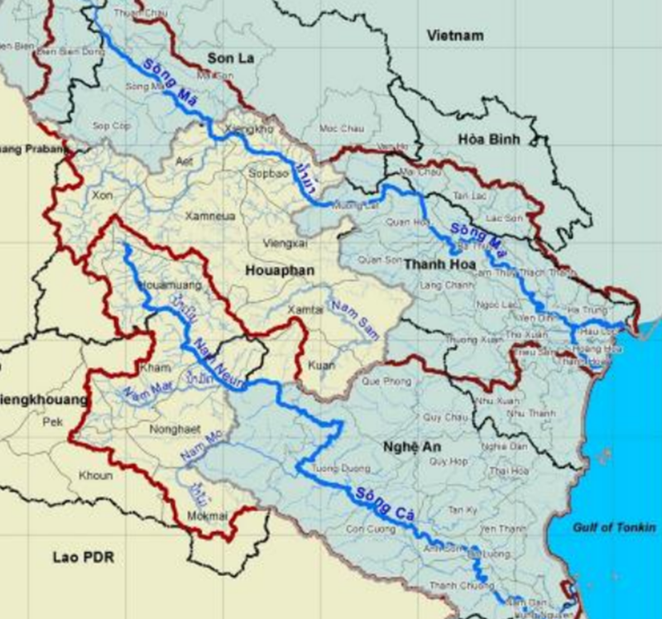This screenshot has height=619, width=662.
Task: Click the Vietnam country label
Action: click(455, 35)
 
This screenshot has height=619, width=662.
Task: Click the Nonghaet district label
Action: click(172, 429)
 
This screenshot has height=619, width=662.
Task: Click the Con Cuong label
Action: click(366, 528)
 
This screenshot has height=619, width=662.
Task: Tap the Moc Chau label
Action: click(338, 129)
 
